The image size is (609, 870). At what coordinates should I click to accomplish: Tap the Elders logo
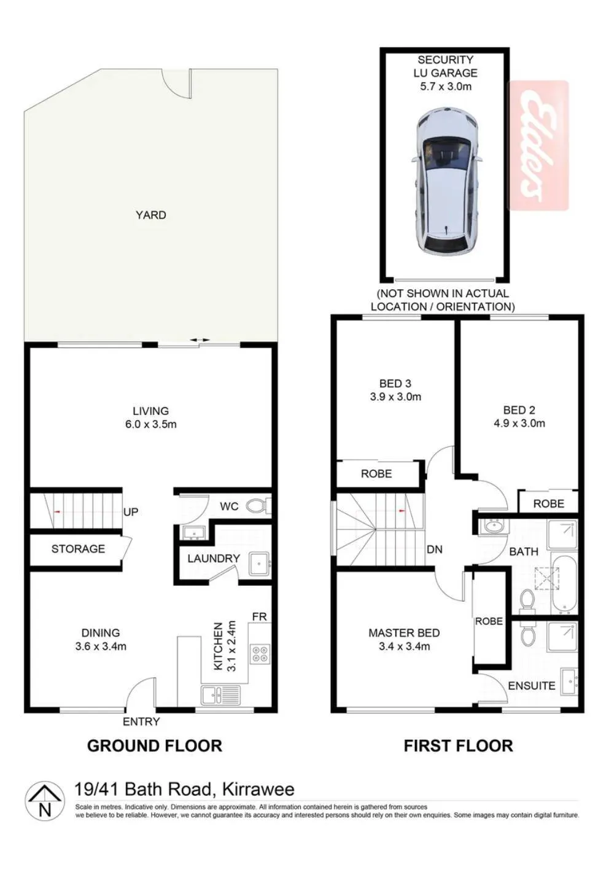click(538, 146)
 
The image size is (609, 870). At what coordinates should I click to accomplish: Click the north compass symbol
click(45, 801)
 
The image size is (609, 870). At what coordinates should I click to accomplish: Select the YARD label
click(150, 215)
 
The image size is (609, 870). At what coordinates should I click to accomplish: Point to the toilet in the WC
click(259, 506)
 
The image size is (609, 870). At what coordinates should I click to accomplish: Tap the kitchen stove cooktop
click(260, 653)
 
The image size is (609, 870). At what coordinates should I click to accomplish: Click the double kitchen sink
click(220, 695)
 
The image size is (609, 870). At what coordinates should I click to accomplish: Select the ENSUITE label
click(531, 686)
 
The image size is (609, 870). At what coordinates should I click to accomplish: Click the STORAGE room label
click(78, 549)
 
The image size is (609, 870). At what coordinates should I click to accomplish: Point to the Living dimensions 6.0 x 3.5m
click(150, 424)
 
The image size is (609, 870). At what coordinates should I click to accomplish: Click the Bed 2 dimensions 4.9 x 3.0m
click(519, 423)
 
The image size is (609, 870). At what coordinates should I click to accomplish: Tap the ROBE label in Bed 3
click(376, 474)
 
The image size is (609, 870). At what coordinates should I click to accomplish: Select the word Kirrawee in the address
click(258, 790)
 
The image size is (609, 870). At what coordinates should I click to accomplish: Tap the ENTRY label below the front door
click(141, 721)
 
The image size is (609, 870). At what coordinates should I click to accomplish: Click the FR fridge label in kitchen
click(260, 617)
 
